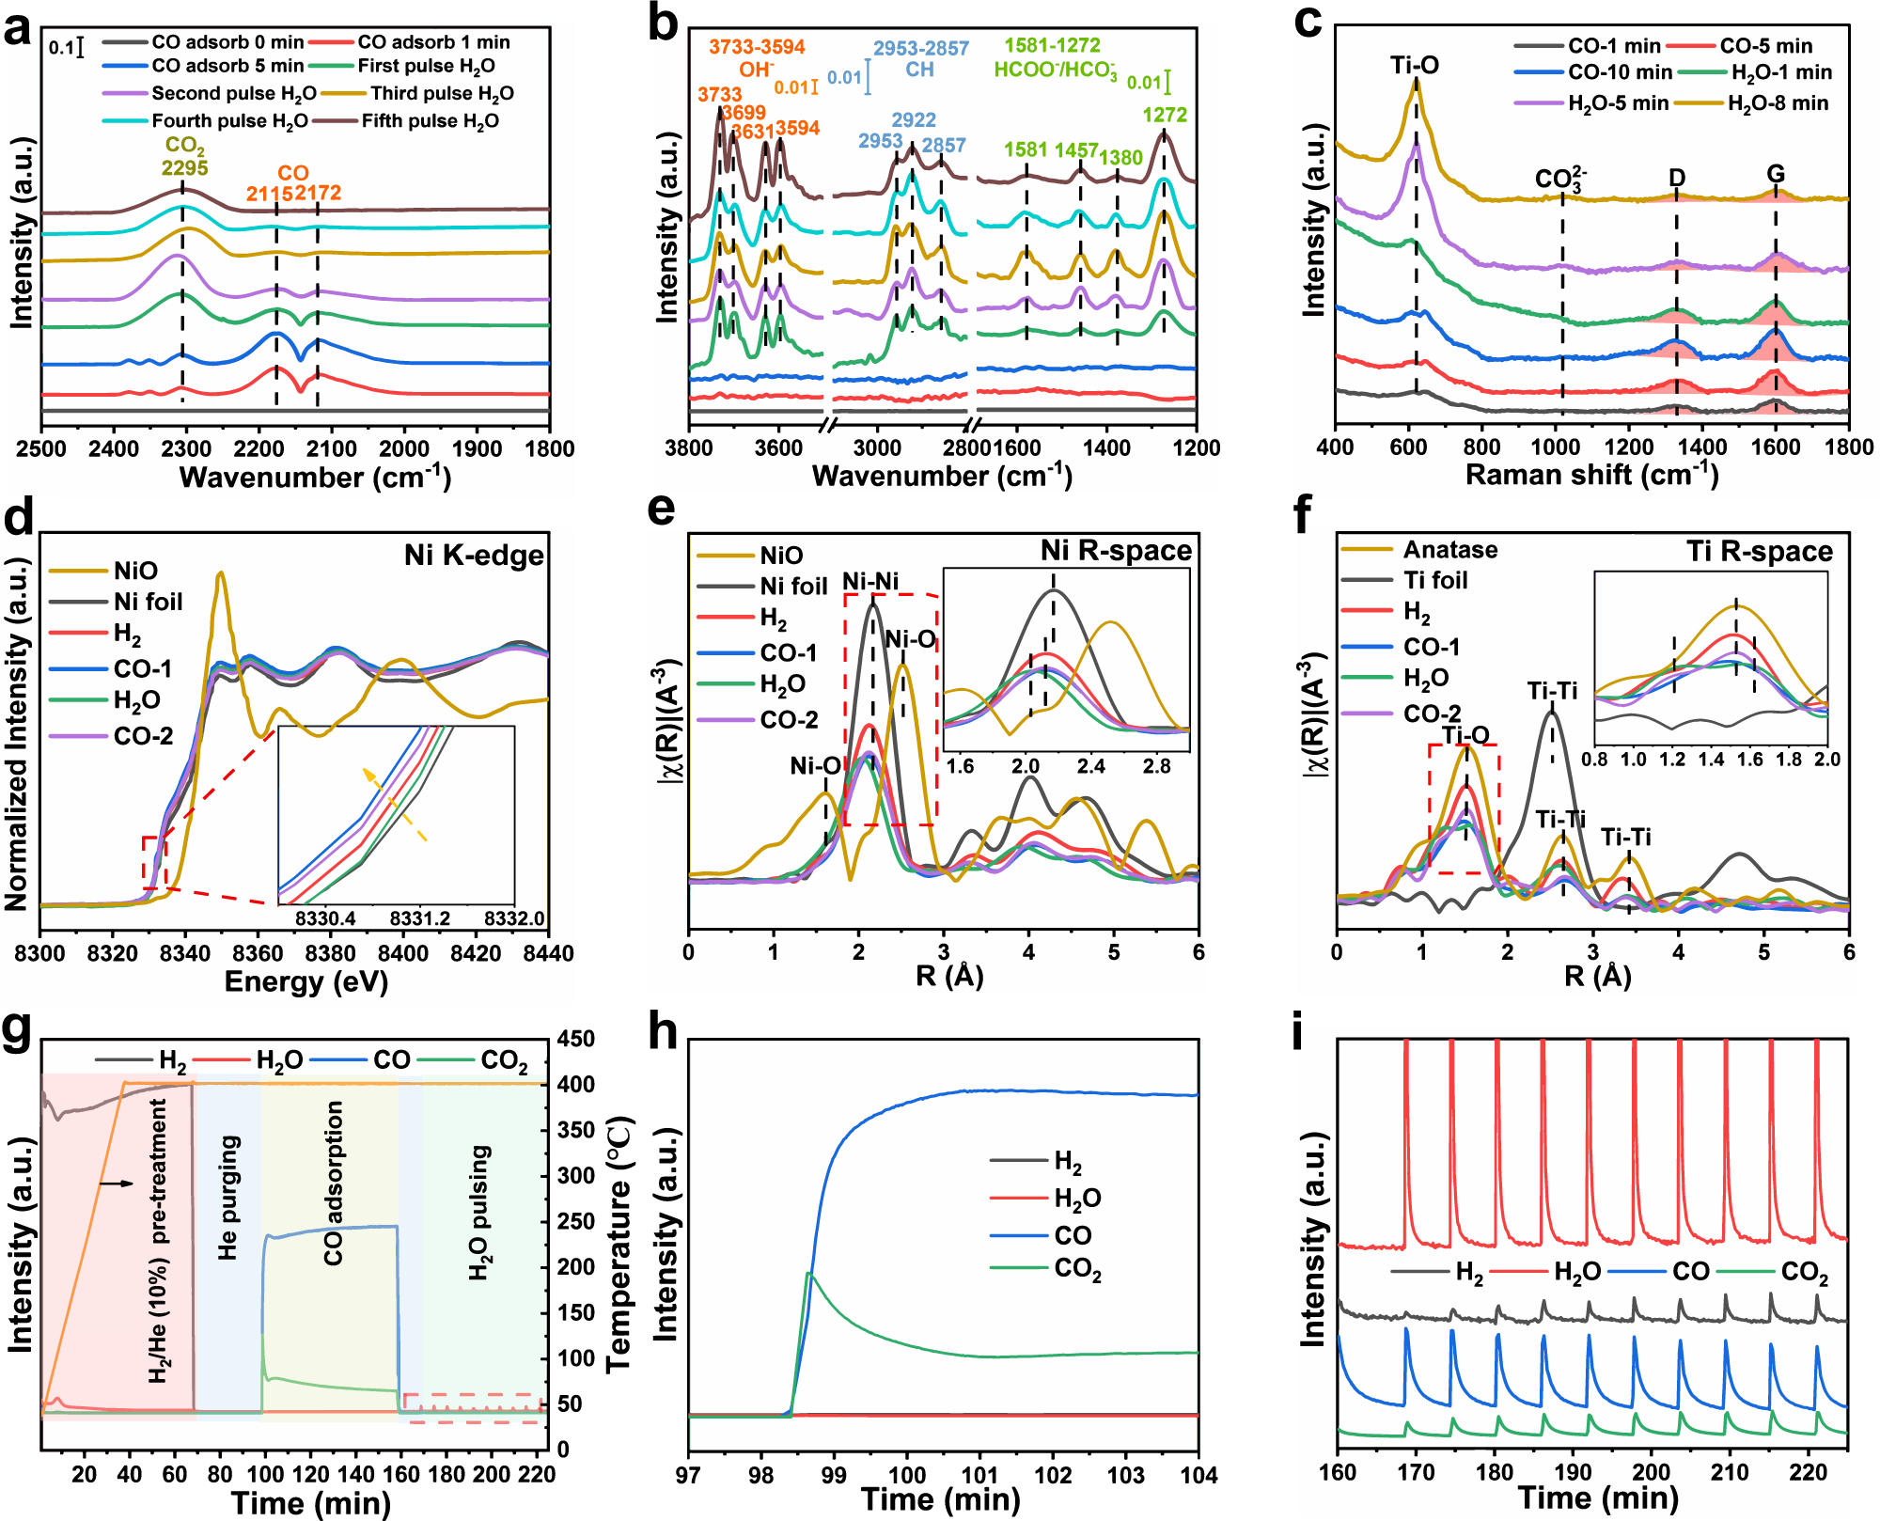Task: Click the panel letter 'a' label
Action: tap(17, 28)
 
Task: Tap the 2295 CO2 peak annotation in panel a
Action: tap(185, 167)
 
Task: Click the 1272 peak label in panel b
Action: tap(1165, 115)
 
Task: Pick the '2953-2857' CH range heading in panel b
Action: tap(920, 48)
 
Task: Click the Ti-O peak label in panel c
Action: tap(1415, 65)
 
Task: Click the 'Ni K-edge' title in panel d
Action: tap(474, 556)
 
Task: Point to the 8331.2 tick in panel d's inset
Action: tap(419, 917)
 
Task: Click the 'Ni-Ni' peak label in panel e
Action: tap(869, 581)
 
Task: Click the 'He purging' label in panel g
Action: tap(228, 1198)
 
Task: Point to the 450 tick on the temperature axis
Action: tap(576, 1039)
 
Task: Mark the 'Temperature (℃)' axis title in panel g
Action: tap(619, 1245)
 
